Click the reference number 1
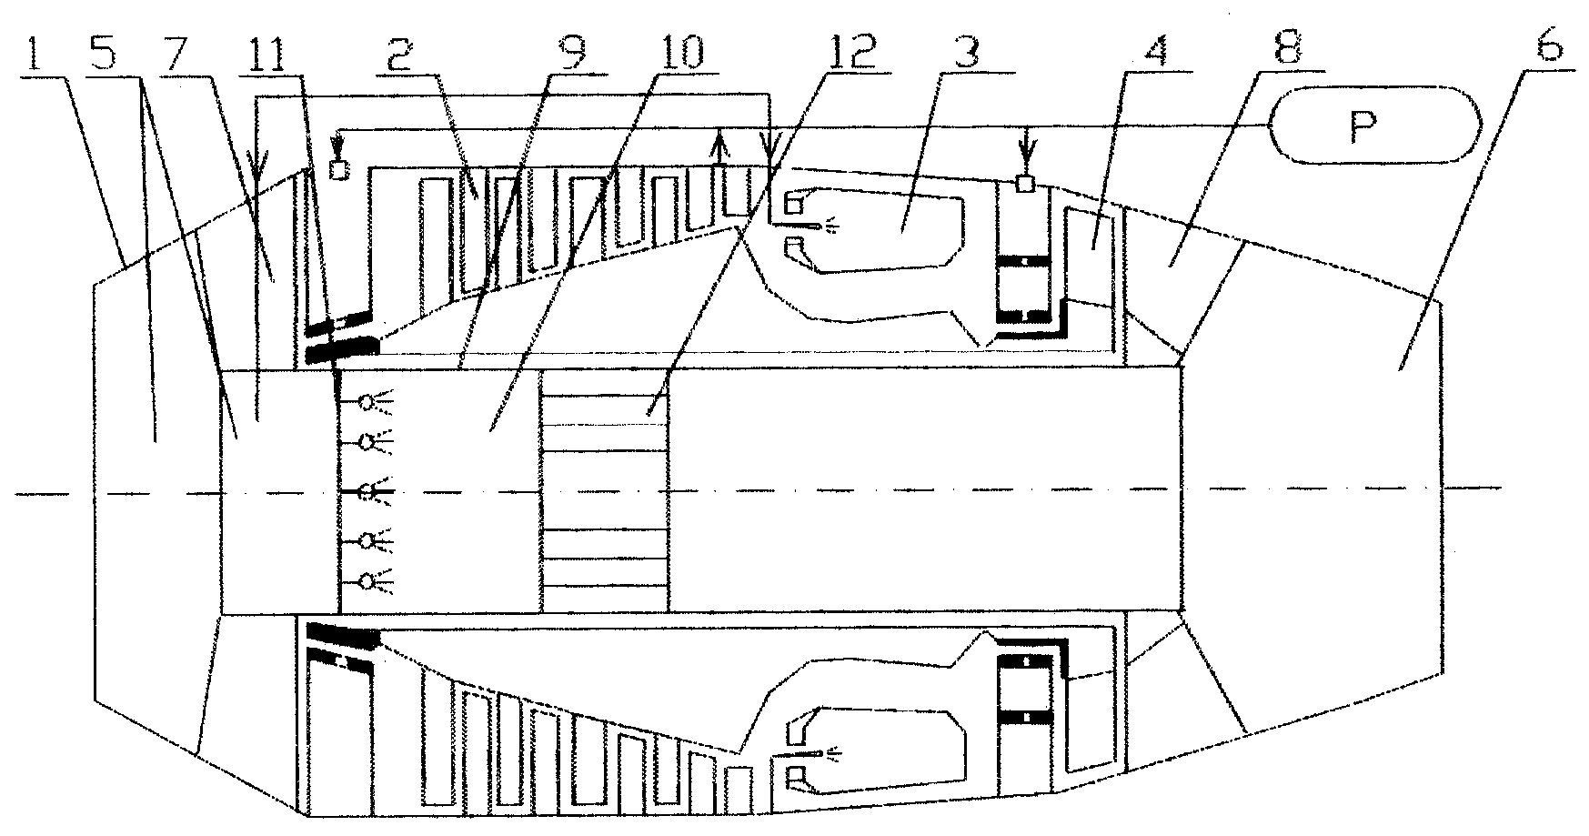click(35, 58)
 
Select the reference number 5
click(105, 58)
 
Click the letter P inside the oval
click(1361, 128)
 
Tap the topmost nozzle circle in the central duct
click(367, 401)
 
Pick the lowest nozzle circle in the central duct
click(367, 581)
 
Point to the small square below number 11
click(340, 170)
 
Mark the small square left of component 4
click(1026, 184)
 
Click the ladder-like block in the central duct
click(604, 490)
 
